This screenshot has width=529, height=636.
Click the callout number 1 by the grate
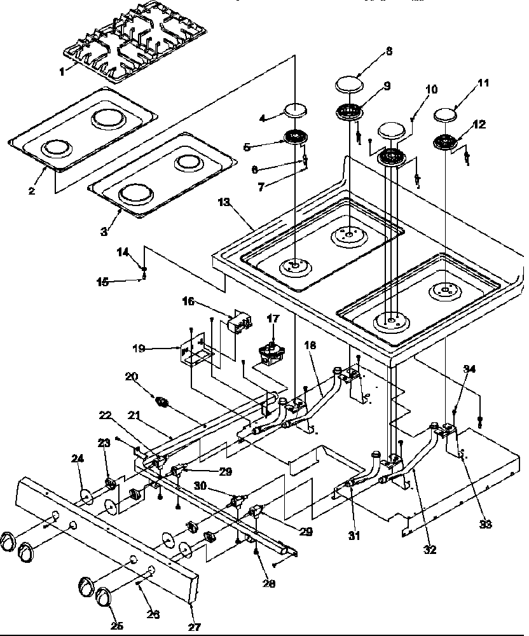(x=62, y=73)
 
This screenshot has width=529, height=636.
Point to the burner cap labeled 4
(x=295, y=111)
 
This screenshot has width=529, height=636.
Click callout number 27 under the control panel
(x=193, y=618)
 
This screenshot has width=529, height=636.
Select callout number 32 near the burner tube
(x=430, y=550)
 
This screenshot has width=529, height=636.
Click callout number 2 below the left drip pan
(x=32, y=190)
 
